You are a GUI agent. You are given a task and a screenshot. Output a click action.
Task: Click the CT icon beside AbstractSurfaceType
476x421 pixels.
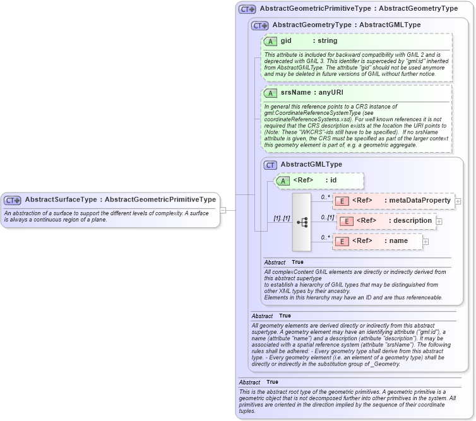(13, 199)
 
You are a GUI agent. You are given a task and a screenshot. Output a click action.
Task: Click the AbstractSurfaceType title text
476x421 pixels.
(120, 199)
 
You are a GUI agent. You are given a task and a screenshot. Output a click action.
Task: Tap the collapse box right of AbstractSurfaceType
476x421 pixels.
(223, 210)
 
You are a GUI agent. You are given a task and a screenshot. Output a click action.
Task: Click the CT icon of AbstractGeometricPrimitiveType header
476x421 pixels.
(247, 9)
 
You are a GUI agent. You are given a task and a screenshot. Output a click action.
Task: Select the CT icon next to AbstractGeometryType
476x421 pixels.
(259, 25)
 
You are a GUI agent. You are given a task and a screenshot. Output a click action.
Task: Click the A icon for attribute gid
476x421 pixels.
(270, 41)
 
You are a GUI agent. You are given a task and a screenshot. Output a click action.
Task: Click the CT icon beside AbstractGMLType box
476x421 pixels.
(270, 165)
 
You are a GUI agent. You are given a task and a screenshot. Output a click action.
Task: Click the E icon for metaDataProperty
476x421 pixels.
(341, 201)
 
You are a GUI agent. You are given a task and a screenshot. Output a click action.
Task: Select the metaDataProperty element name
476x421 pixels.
(420, 201)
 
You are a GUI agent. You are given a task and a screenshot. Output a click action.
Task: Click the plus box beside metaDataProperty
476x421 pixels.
(458, 201)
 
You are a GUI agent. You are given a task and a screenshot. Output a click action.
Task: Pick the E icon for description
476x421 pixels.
(345, 221)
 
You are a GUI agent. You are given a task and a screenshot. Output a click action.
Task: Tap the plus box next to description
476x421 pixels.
(439, 222)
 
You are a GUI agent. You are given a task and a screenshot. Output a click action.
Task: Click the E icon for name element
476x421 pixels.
(341, 241)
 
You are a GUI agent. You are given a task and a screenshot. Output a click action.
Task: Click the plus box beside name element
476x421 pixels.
(425, 241)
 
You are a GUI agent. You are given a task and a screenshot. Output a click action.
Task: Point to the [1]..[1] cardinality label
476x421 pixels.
(281, 218)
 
